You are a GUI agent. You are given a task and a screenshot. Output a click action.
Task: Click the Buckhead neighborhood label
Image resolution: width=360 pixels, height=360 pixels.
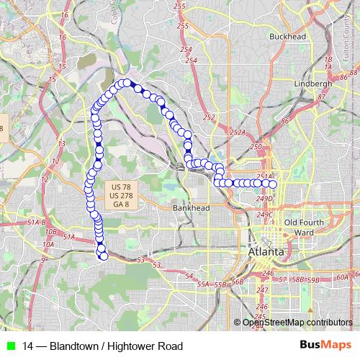[288, 35]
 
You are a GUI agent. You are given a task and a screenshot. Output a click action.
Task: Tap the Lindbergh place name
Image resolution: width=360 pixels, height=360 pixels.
[313, 84]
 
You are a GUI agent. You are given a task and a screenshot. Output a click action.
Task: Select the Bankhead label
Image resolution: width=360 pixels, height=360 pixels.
[191, 208]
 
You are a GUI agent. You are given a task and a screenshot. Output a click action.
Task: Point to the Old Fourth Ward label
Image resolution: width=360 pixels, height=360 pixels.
[301, 228]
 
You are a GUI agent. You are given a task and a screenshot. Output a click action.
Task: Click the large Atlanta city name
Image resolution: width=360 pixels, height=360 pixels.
[266, 253]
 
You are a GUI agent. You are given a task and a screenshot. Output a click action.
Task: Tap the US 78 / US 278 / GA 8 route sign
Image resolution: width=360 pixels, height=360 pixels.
[121, 195]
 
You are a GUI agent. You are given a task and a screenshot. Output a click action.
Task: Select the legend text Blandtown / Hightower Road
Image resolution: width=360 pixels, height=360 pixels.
[102, 346]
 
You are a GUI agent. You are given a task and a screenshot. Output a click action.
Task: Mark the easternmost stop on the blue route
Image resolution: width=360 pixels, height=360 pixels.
[273, 183]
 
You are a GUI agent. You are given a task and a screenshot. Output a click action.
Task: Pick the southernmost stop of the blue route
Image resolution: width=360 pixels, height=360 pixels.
[102, 256]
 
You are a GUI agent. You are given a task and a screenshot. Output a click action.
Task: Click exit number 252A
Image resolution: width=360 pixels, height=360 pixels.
[238, 132]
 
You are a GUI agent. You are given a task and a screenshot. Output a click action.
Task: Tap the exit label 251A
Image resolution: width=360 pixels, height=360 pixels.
[264, 175]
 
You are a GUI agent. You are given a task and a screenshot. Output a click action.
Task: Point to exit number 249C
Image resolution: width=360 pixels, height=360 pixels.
[266, 215]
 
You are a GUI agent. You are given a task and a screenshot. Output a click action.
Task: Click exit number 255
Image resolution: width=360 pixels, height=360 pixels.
[183, 27]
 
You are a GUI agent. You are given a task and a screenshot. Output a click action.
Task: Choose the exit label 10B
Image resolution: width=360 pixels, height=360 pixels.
[51, 232]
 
